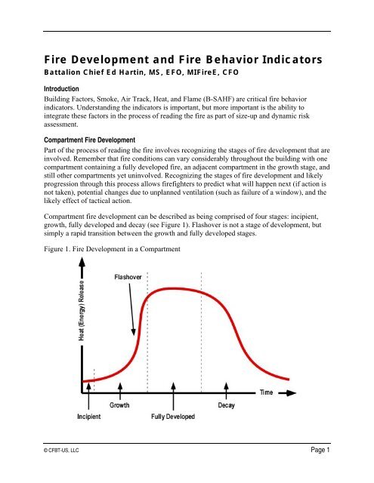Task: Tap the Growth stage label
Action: (119, 405)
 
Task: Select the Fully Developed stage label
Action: (175, 417)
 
